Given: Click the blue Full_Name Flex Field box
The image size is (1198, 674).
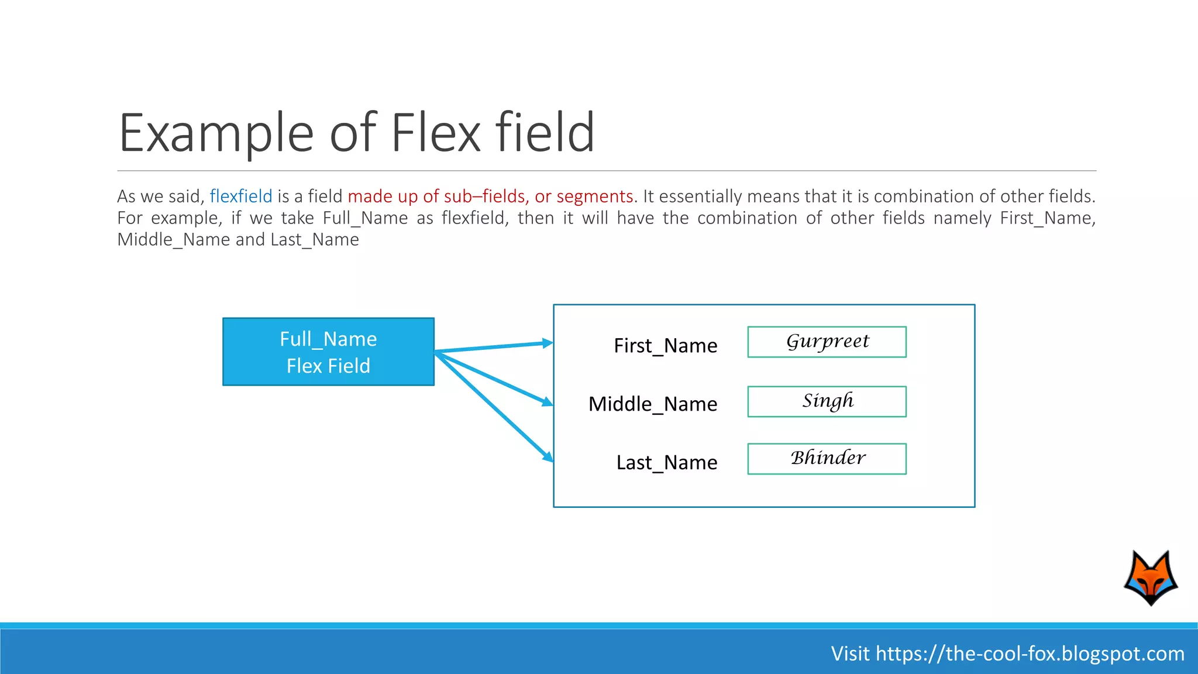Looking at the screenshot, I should point(328,352).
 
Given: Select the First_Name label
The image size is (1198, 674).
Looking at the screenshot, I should point(665,346).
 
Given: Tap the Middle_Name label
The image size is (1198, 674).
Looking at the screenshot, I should point(652,404).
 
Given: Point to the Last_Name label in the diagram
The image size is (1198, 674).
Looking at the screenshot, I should point(666,462).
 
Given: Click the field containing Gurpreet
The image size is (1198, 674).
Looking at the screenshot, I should point(827,342).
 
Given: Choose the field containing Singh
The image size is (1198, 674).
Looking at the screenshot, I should point(827,401).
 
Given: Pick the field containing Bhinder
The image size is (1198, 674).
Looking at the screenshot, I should point(827,459).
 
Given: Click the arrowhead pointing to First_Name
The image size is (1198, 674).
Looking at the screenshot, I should point(547,343).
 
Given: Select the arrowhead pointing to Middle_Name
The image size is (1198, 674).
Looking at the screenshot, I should point(547,401).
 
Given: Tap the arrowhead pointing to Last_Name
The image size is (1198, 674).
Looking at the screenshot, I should point(548,456).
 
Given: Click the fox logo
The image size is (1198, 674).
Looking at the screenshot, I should point(1151,577).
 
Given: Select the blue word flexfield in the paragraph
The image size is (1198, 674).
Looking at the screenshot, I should point(241,196).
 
